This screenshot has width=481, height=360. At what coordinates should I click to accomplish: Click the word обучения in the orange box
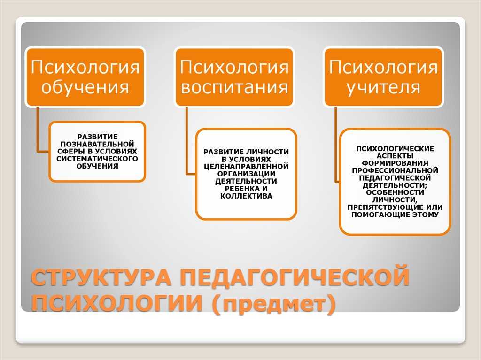click(85, 87)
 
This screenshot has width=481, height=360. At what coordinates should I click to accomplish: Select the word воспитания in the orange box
click(234, 87)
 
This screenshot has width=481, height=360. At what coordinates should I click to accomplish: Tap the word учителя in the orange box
click(383, 87)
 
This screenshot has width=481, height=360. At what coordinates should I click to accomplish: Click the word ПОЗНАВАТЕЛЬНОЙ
click(97, 144)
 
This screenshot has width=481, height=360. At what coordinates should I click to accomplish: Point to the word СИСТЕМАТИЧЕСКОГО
click(97, 159)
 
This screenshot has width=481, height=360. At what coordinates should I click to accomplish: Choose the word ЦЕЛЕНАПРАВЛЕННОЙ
click(246, 167)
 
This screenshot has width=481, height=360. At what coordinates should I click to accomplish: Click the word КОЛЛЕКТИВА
click(246, 196)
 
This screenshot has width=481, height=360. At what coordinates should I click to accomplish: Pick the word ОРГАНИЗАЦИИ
click(246, 174)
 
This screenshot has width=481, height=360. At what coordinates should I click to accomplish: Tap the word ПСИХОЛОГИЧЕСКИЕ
click(395, 149)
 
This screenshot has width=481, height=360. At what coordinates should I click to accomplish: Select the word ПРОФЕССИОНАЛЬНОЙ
click(395, 170)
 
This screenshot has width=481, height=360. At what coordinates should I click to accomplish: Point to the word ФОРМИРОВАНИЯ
click(395, 163)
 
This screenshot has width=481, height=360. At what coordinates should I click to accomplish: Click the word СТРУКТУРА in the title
click(101, 277)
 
